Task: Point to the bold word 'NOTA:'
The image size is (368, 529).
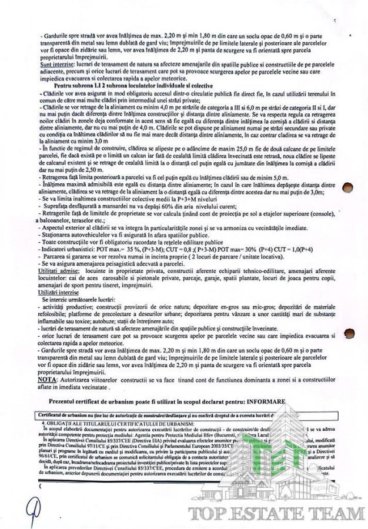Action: [49, 380]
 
